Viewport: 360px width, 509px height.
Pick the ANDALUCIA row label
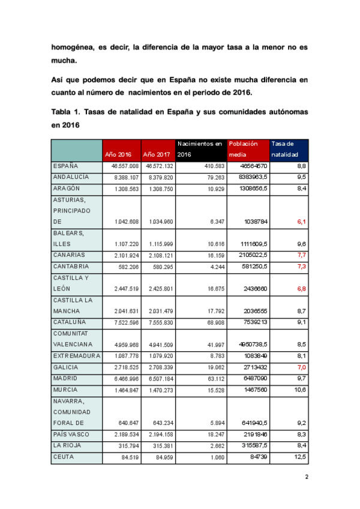(x=71, y=177)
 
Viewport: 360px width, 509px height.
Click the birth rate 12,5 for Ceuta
(x=301, y=457)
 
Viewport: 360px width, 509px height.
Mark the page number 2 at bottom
(x=306, y=478)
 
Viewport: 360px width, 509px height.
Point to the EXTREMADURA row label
(x=75, y=355)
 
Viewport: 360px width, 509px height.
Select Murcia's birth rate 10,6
(x=300, y=390)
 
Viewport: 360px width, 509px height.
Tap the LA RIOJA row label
(x=68, y=445)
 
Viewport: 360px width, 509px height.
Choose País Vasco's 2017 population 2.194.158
(x=159, y=434)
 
